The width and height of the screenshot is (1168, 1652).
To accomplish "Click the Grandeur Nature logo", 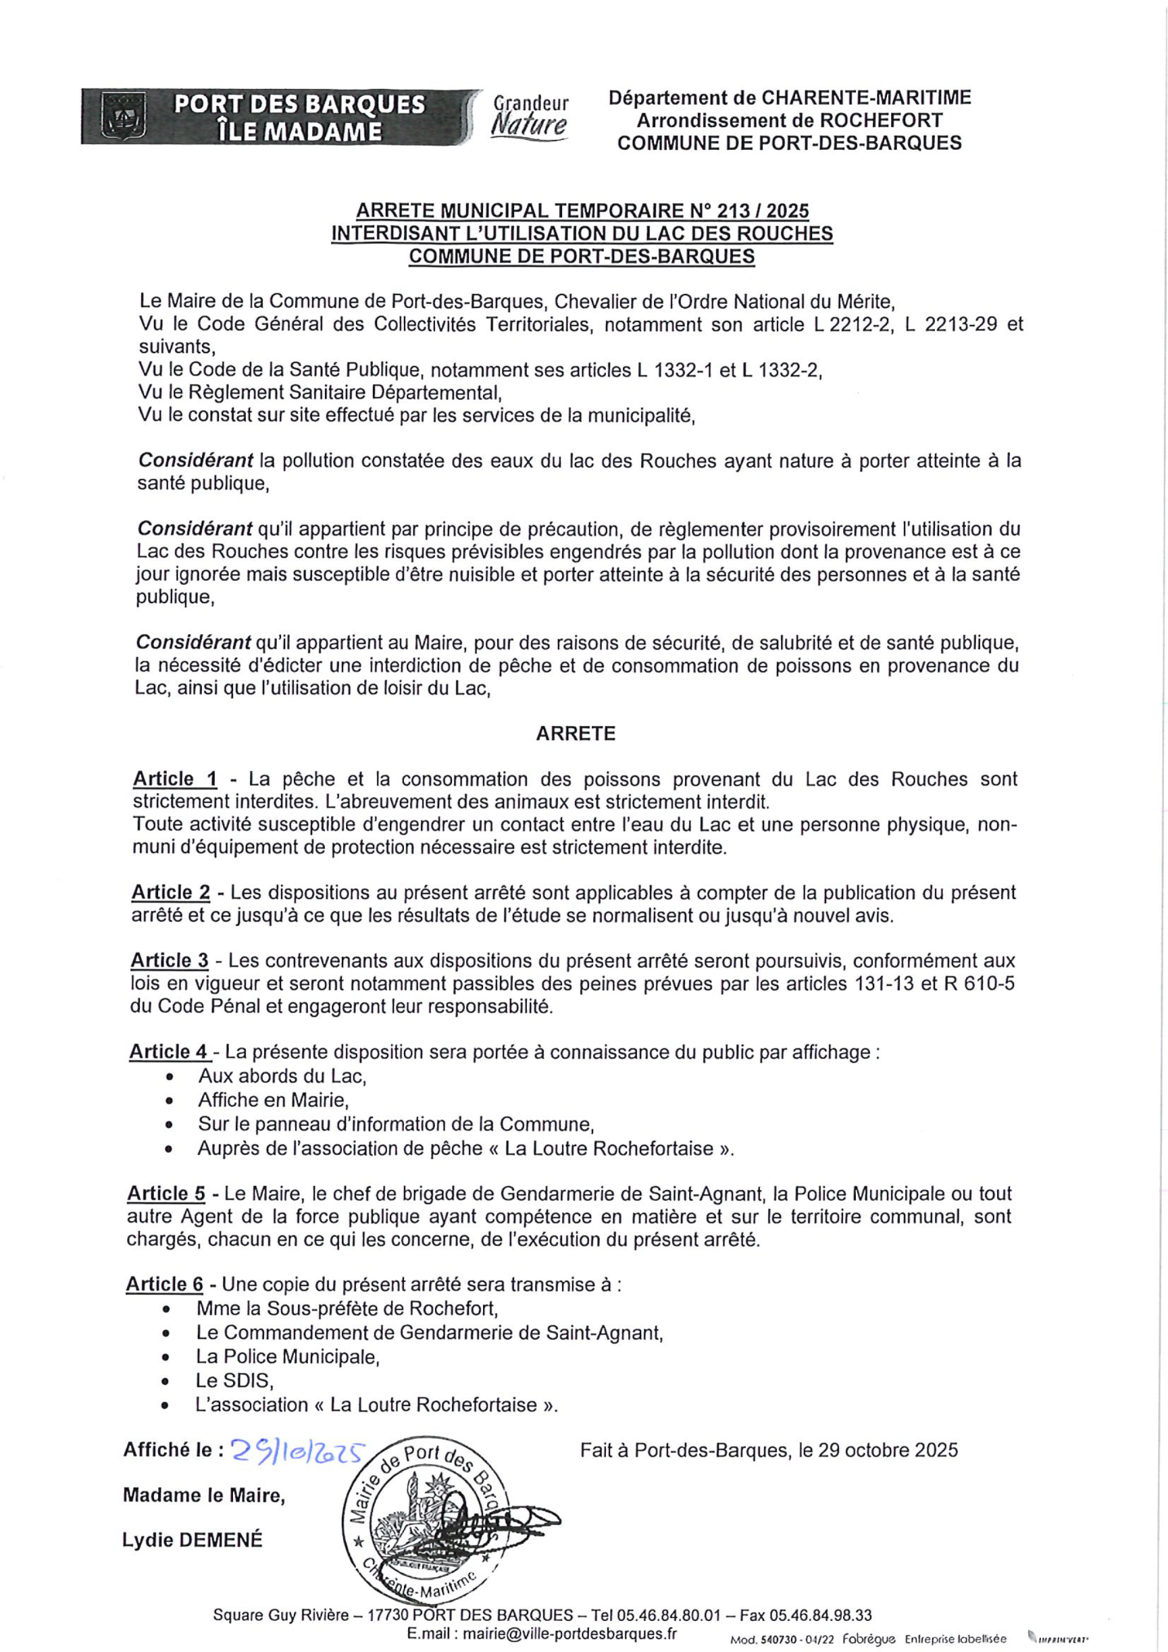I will (x=530, y=116).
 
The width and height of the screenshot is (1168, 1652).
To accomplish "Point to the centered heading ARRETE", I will (x=575, y=733).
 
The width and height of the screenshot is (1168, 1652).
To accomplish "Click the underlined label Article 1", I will (x=175, y=779).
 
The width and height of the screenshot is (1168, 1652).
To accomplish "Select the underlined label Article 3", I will (x=170, y=960).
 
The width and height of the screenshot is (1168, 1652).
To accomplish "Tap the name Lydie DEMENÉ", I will (x=192, y=1540).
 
